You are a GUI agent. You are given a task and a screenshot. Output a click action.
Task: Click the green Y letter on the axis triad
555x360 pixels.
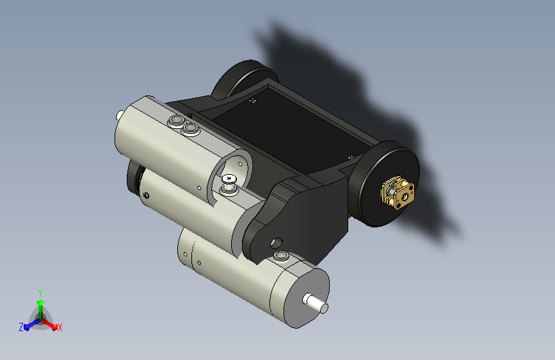pyautogui.click(x=40, y=293)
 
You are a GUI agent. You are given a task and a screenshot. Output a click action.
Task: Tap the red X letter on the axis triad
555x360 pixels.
pyautogui.click(x=60, y=327)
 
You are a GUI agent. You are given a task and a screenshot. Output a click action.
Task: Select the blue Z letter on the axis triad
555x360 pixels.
pyautogui.click(x=21, y=327)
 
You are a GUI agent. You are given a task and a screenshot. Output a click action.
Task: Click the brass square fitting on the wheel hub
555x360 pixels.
pyautogui.click(x=398, y=192)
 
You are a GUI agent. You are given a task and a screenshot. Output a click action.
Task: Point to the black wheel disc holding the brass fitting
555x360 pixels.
pyautogui.click(x=389, y=184)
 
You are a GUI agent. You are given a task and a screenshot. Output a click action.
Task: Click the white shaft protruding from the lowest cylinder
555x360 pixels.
pyautogui.click(x=316, y=303)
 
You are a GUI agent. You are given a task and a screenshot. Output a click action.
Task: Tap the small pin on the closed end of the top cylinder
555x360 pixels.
pyautogui.click(x=120, y=115)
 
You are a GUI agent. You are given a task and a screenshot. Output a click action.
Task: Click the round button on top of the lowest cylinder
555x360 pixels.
pyautogui.click(x=281, y=256)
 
